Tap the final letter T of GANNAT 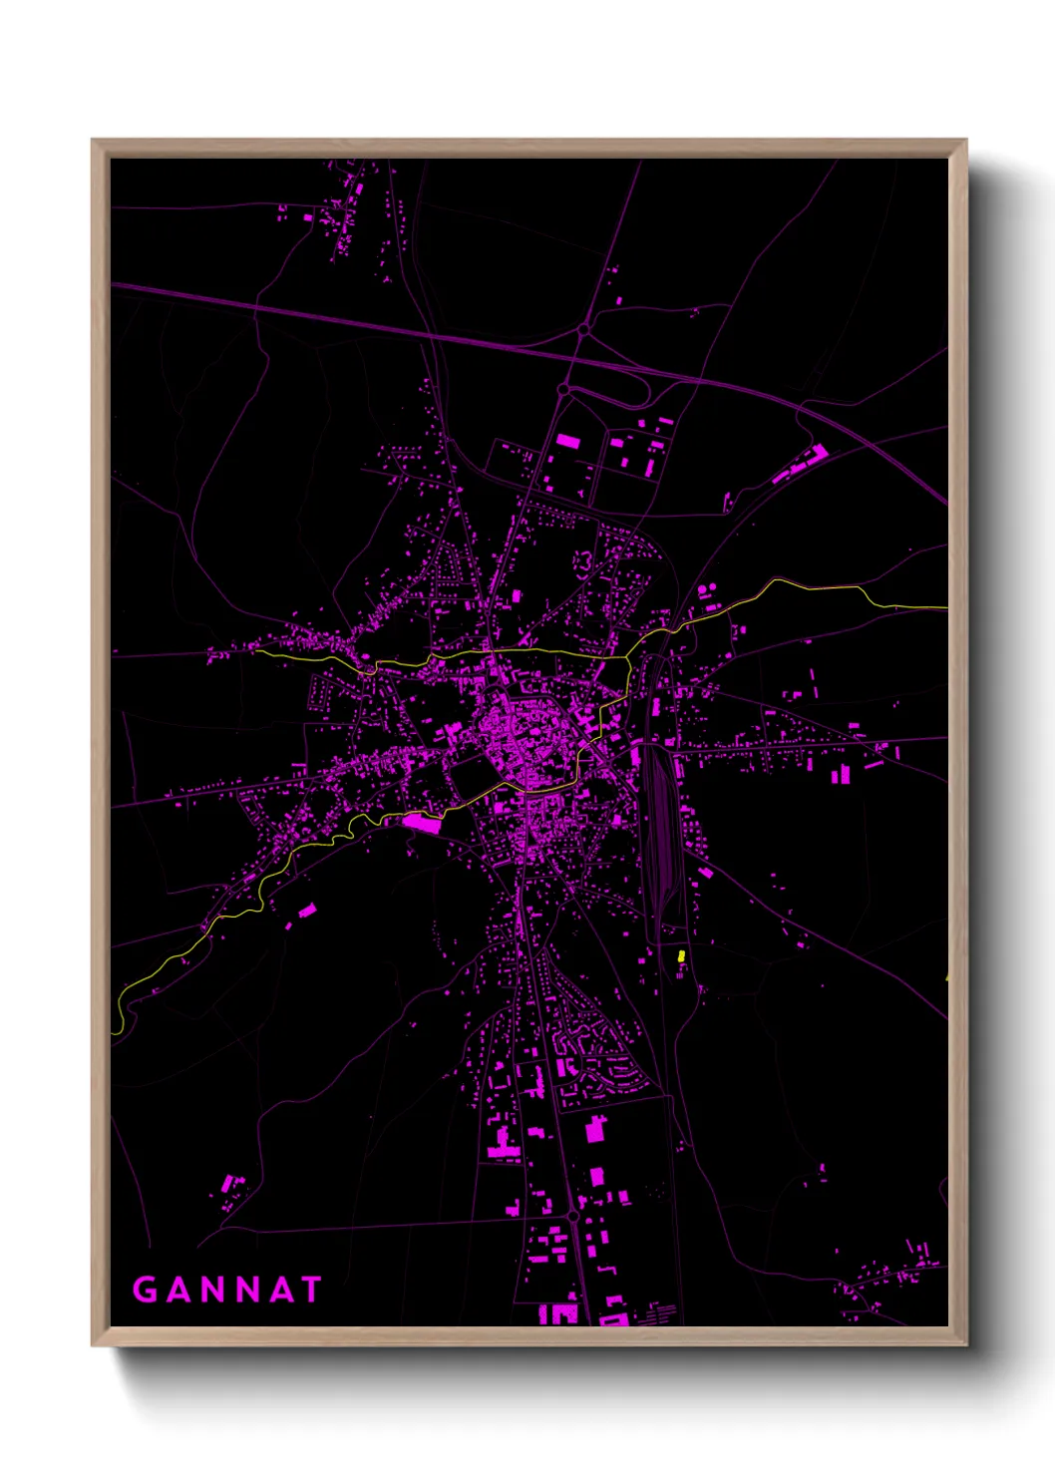(309, 1290)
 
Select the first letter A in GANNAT (178, 1290)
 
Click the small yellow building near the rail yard (681, 955)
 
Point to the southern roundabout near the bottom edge (574, 1217)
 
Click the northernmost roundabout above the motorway (583, 328)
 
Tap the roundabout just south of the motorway (563, 389)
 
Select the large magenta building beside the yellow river (422, 822)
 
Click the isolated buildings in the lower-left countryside (231, 1189)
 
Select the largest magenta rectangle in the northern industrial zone (567, 440)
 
